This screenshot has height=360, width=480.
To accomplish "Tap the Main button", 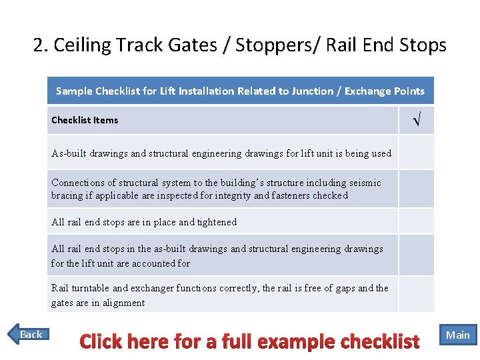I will tap(457, 335).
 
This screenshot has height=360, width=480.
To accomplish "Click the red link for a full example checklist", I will tap(249, 341).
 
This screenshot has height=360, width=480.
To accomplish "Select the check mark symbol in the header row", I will tap(416, 121).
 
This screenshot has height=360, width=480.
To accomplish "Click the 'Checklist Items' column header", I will tap(85, 120).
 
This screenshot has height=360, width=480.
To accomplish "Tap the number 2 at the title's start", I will tap(38, 45).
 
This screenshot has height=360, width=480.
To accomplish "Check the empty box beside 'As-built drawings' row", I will tap(416, 153).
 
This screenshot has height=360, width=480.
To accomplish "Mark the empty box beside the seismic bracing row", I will tap(416, 189).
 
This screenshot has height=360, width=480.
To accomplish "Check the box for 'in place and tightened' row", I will tap(416, 221).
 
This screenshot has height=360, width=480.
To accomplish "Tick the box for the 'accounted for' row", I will tap(416, 255).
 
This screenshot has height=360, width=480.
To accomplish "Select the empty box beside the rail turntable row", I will tap(416, 295).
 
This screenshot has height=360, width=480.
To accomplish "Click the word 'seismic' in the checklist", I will tap(363, 182).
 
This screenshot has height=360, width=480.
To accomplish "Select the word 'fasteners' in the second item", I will tap(276, 195).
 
